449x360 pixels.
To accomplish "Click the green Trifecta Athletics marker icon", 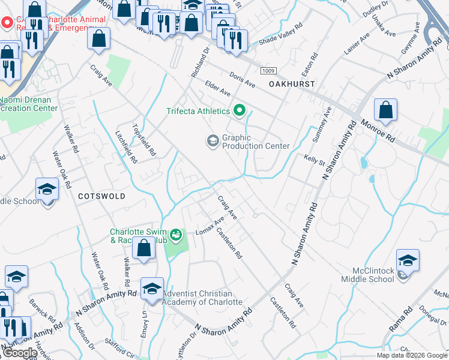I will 240,110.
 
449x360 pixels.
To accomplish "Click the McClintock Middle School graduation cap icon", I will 408,262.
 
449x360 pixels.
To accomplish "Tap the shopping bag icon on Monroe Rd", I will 385,110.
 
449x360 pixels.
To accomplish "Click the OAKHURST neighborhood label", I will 292,85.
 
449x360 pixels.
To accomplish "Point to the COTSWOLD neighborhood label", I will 101,196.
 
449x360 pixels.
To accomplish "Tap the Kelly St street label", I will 314,160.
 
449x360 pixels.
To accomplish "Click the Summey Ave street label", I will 319,125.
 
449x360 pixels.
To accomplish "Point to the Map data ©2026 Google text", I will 412,355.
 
